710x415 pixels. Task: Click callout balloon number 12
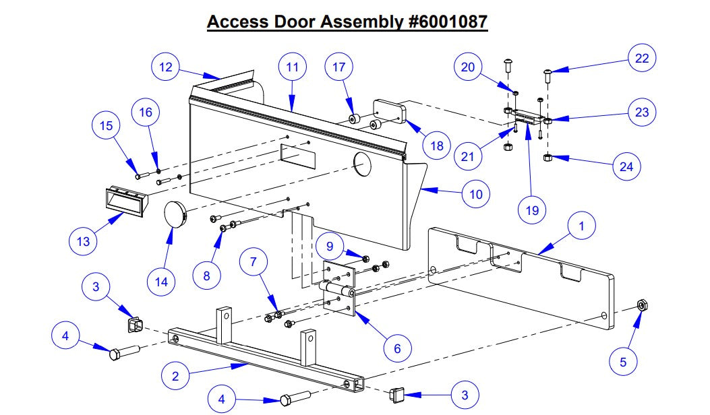(x=166, y=67)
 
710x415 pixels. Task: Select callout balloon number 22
(x=642, y=58)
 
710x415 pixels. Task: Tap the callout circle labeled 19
(x=532, y=210)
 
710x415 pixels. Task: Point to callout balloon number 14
(x=161, y=282)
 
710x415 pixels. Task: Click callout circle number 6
(x=397, y=348)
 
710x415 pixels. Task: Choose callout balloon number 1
(x=582, y=227)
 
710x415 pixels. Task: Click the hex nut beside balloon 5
(x=642, y=305)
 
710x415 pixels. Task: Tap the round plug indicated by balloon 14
(x=177, y=215)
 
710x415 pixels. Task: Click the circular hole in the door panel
(x=362, y=164)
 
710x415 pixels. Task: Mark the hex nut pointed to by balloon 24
(x=548, y=158)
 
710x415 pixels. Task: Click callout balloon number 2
(x=175, y=376)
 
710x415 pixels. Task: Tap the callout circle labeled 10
(x=475, y=194)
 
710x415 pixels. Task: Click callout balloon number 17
(x=338, y=67)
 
